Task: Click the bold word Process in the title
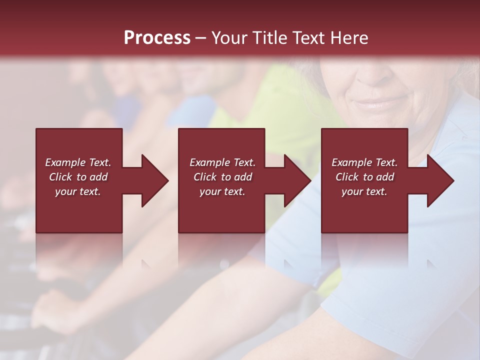157,38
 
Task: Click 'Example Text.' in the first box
78,162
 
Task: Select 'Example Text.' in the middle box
222,162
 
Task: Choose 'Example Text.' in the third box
364,162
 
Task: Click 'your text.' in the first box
78,191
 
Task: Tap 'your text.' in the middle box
222,191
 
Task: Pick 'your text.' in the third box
364,191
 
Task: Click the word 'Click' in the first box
60,177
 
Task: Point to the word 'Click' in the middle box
205,177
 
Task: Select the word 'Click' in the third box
347,177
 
